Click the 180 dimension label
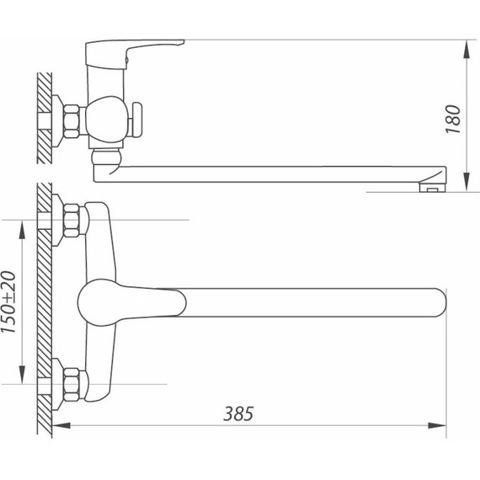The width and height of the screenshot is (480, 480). (453, 119)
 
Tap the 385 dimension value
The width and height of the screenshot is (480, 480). (238, 413)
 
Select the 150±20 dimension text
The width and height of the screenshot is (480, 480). (8, 301)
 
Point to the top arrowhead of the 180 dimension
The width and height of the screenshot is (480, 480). (467, 50)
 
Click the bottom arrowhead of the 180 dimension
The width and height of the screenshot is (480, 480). (467, 182)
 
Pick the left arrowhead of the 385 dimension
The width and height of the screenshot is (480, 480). (61, 425)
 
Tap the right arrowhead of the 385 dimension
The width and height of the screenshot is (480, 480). (437, 425)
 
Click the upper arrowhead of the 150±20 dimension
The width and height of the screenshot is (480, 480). (22, 230)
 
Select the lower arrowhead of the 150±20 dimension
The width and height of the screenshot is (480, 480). (22, 375)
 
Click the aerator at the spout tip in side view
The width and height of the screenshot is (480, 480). (432, 187)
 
